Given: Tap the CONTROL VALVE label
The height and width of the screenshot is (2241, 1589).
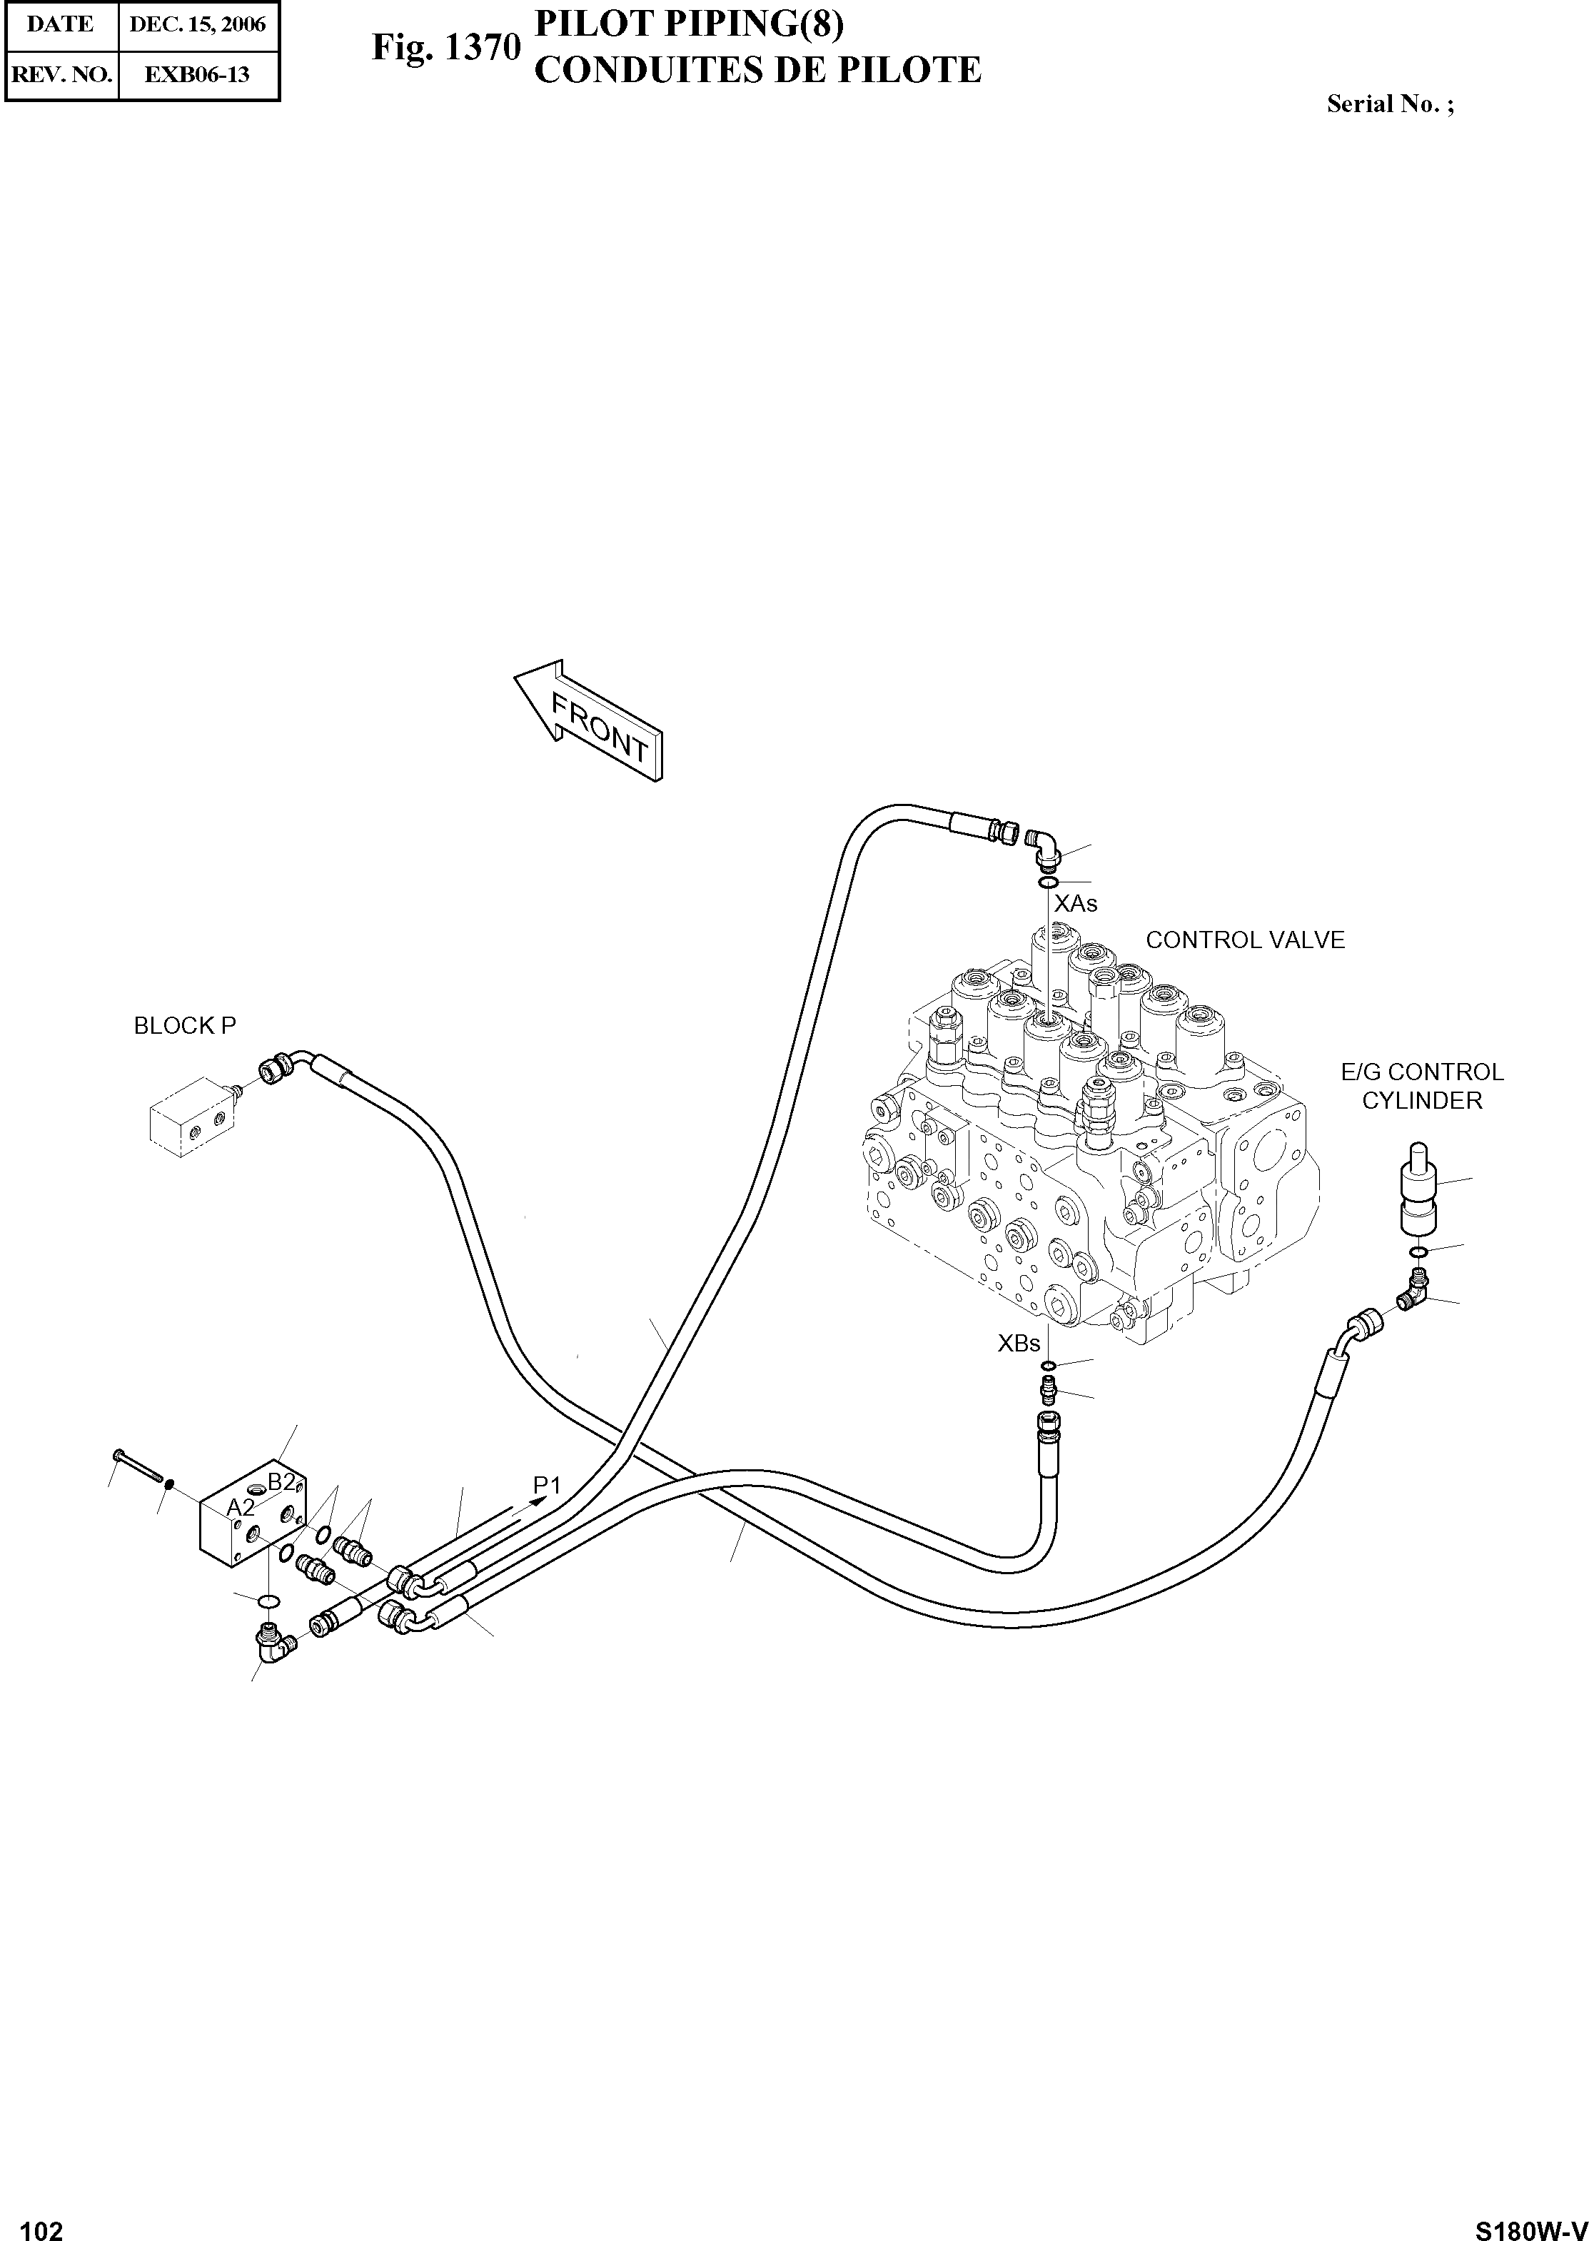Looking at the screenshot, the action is [1245, 940].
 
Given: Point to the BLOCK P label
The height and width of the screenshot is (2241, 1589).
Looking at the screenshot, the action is [185, 1026].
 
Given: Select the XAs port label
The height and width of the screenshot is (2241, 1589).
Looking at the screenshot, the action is [1075, 903].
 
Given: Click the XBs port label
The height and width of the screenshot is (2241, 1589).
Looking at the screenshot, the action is [1019, 1344].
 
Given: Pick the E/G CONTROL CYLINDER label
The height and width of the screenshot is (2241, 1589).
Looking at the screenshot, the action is [1422, 1087].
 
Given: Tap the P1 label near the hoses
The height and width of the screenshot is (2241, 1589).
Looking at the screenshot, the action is [547, 1484].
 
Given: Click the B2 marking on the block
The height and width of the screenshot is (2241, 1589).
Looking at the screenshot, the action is [282, 1481].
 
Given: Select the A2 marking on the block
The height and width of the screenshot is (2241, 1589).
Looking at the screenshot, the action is [241, 1507].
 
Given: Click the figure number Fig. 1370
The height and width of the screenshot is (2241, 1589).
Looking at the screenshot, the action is [445, 47].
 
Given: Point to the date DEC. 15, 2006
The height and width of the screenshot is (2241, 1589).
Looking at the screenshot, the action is [198, 24].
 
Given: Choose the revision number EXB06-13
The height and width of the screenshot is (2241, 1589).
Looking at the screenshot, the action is [197, 74].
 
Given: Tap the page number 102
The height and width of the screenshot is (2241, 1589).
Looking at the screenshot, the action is [42, 2223].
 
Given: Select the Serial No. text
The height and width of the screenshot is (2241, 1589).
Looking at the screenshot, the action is [1389, 104].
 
